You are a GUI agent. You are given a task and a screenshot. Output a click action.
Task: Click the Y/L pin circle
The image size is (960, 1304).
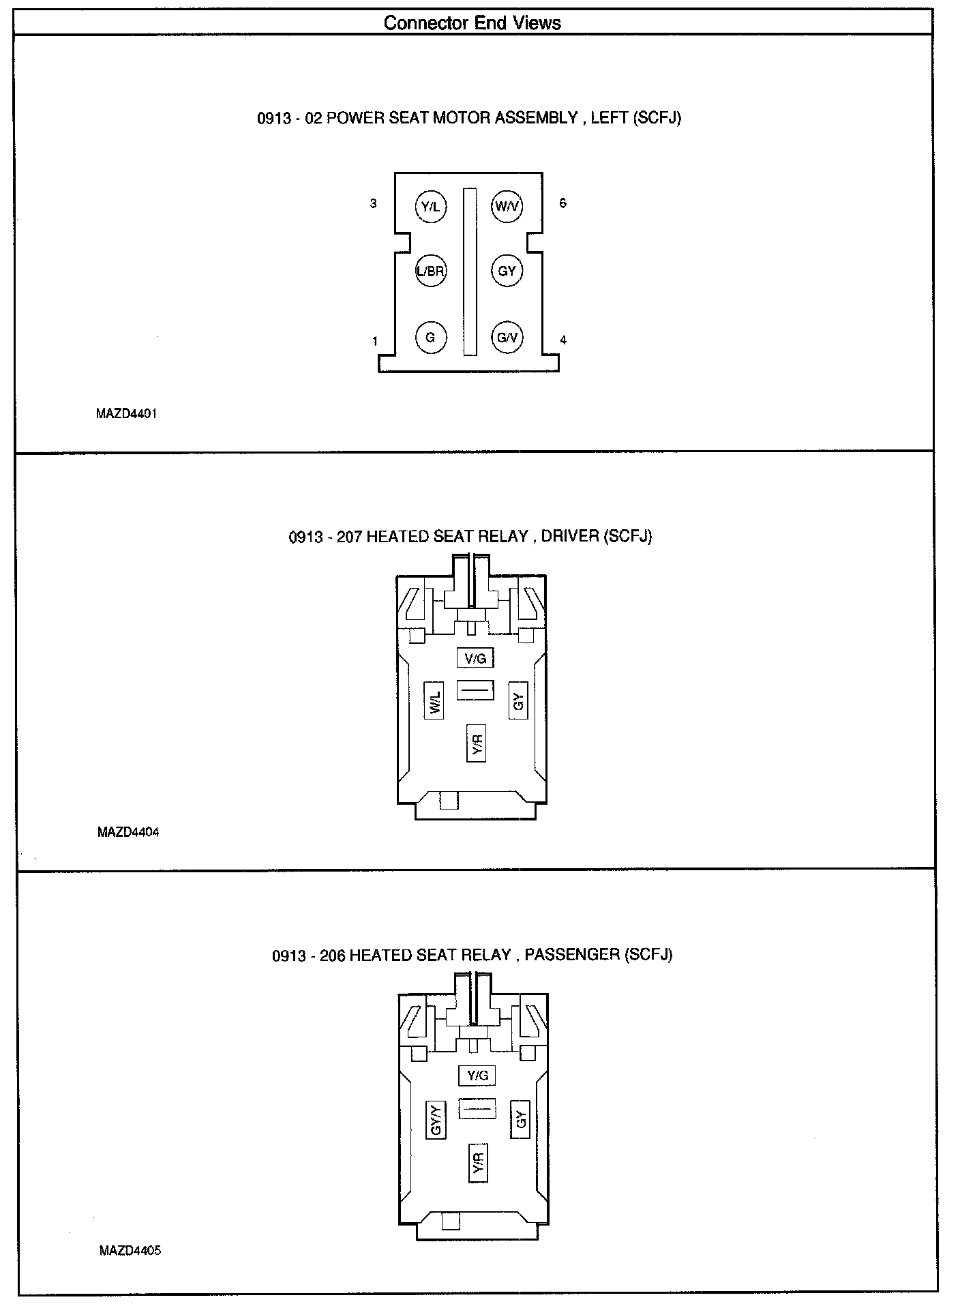[x=431, y=206]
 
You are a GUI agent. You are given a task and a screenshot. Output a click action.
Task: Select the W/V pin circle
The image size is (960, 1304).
[x=507, y=206]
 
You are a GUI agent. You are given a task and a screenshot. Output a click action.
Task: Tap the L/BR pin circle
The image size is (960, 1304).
[x=431, y=271]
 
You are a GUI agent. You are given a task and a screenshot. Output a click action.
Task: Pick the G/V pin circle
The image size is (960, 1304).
[x=507, y=338]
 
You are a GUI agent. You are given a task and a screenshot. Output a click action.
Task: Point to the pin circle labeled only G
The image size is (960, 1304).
[x=431, y=338]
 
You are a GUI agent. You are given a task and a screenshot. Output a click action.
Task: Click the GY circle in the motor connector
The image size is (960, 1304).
[x=507, y=271]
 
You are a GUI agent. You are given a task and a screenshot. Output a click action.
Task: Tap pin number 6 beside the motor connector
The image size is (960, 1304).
[x=562, y=203]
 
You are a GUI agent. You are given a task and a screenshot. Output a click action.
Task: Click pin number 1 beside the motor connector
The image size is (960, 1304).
[x=375, y=341]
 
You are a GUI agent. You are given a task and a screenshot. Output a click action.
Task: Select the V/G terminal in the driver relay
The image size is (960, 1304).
[x=475, y=658]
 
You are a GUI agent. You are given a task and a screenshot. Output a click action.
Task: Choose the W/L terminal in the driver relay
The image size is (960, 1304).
[x=435, y=699]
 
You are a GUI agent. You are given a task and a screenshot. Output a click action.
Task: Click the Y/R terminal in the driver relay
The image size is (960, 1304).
[x=477, y=743]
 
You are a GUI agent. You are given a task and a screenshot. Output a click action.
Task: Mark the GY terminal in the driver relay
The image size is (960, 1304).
[x=519, y=699]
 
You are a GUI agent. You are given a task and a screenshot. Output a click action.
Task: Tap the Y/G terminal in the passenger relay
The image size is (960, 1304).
[x=477, y=1076]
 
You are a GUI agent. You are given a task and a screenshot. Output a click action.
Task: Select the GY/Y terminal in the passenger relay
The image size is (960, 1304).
[x=436, y=1119]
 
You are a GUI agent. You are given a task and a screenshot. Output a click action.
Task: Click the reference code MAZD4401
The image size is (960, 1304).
[x=127, y=413]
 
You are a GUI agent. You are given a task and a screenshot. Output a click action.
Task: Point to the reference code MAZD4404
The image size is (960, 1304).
[x=128, y=831]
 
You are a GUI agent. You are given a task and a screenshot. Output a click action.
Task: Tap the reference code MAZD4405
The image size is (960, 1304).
[x=130, y=1250]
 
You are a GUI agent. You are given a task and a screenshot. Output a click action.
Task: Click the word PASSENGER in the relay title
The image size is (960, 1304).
[x=572, y=954]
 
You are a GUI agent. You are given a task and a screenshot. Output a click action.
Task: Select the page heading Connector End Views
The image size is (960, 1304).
[x=472, y=23]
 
